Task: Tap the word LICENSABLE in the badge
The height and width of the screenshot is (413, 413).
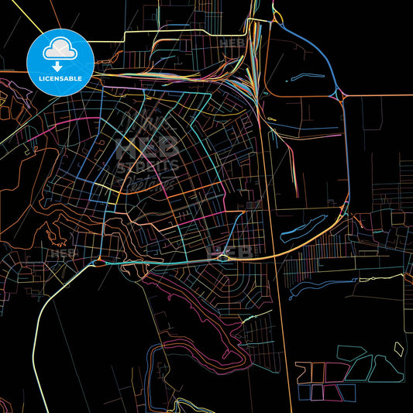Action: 60,78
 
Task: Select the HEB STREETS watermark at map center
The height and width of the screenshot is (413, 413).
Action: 146,153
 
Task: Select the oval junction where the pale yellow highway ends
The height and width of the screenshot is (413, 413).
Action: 103,263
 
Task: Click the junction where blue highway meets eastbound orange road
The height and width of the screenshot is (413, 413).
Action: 342,96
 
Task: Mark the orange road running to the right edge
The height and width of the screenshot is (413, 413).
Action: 380,96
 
